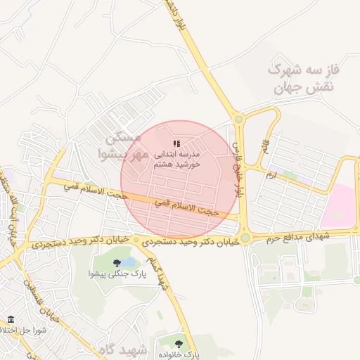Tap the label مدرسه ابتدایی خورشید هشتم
179,158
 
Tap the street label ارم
271,173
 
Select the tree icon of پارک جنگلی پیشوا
117,263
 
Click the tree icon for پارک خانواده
179,344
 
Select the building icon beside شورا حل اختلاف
11,320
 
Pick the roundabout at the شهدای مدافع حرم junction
244,238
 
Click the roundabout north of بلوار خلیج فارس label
239,120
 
